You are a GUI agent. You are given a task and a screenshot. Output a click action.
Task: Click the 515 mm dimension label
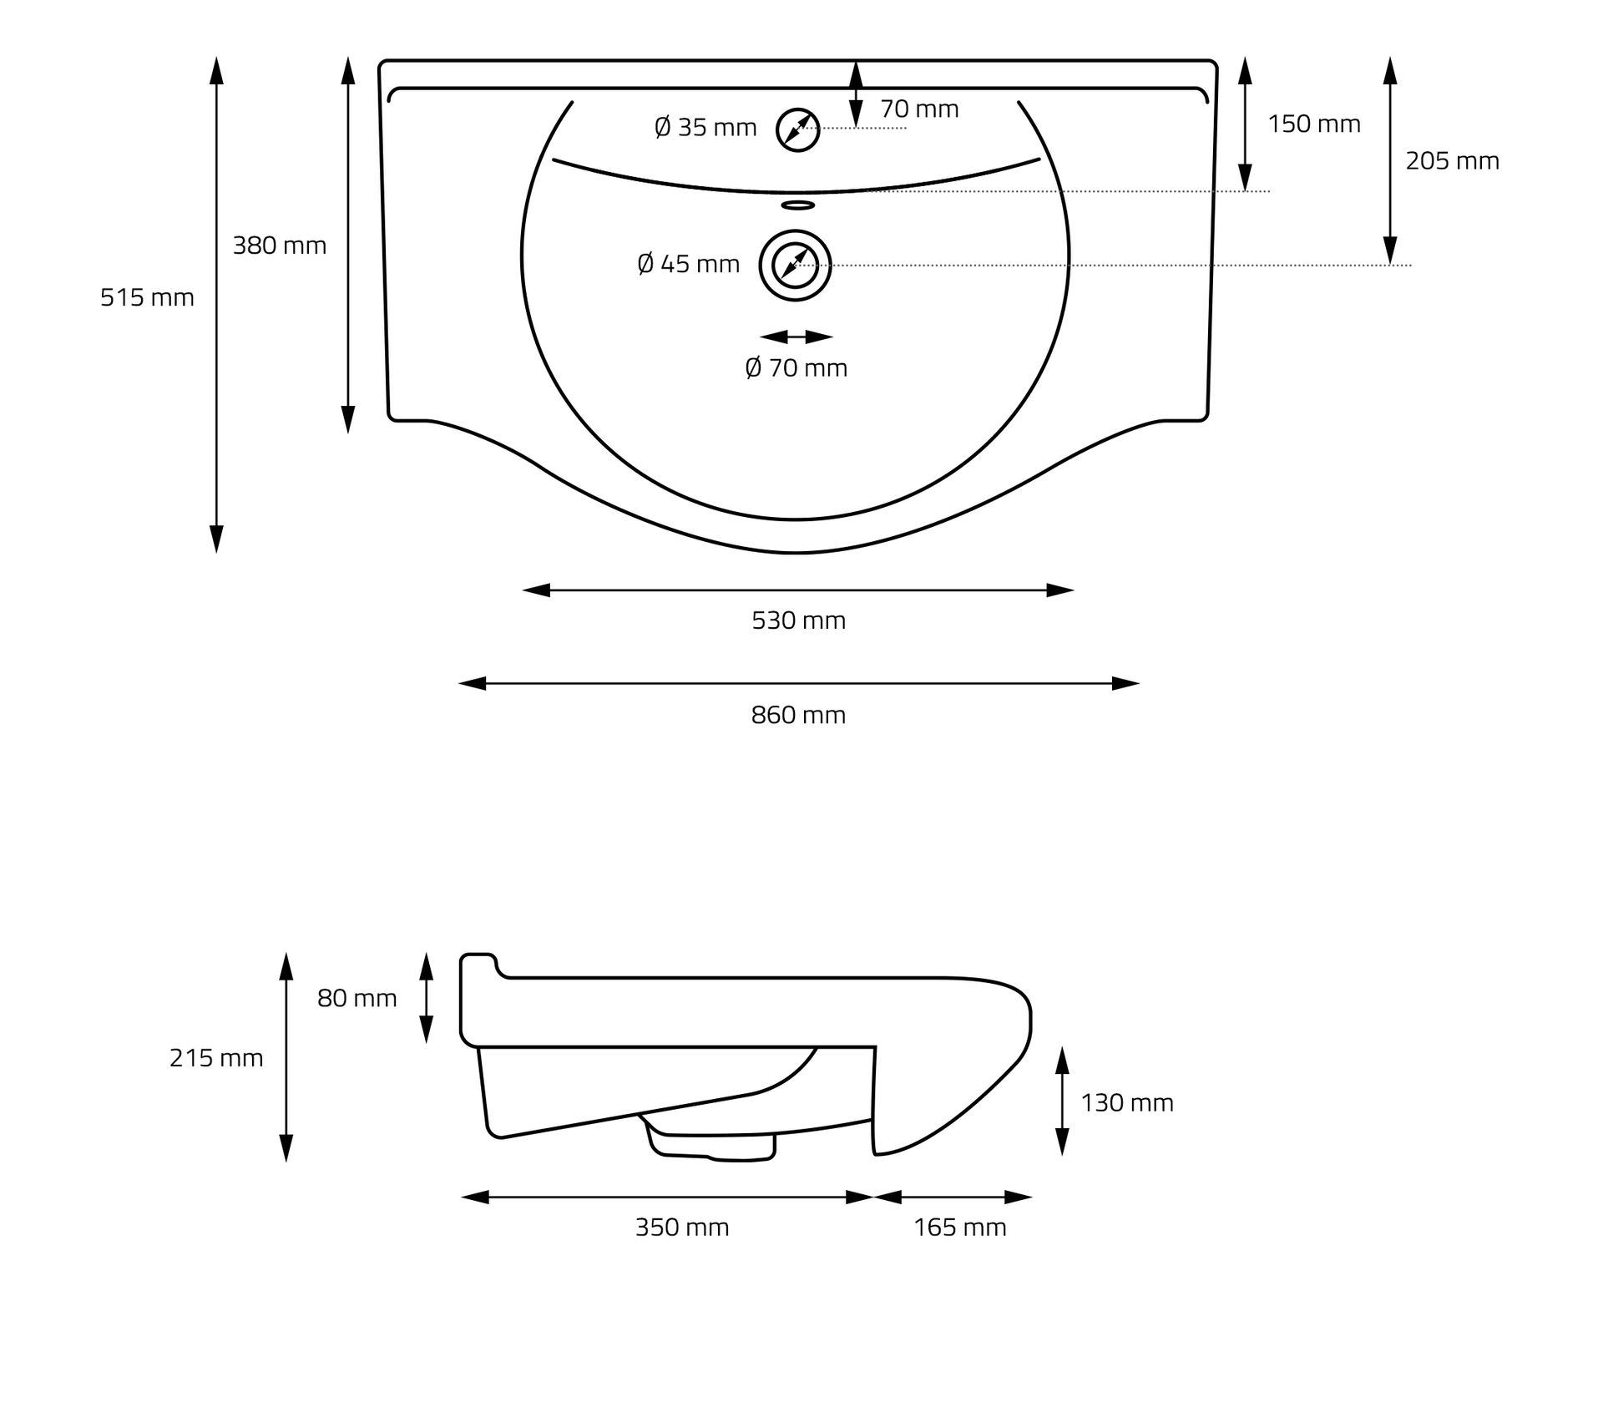(147, 297)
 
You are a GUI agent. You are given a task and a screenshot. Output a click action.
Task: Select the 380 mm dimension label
(279, 246)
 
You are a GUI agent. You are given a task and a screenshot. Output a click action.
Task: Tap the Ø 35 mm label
(705, 128)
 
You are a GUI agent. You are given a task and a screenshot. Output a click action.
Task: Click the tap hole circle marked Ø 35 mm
(797, 129)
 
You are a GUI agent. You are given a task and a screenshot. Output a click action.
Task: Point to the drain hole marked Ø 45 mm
(795, 266)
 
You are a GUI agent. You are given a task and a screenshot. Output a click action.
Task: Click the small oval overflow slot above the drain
(797, 205)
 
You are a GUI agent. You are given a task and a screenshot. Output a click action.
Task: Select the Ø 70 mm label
(796, 367)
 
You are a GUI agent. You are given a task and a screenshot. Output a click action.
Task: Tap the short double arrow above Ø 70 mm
(796, 337)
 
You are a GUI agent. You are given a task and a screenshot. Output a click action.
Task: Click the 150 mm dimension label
(1313, 124)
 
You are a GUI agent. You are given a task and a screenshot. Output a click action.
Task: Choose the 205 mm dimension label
(1452, 160)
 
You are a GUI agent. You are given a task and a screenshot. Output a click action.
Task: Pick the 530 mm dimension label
(798, 620)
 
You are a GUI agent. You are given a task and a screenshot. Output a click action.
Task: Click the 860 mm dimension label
(798, 715)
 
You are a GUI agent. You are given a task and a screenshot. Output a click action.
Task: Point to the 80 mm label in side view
(357, 998)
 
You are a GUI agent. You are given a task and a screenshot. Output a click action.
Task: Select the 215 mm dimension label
(216, 1058)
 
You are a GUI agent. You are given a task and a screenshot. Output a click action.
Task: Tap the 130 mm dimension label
(1126, 1102)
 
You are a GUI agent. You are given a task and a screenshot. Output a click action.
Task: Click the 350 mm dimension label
(682, 1227)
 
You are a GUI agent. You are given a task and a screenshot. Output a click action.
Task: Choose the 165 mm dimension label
(959, 1227)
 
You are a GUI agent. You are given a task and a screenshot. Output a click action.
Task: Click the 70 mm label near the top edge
(919, 109)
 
